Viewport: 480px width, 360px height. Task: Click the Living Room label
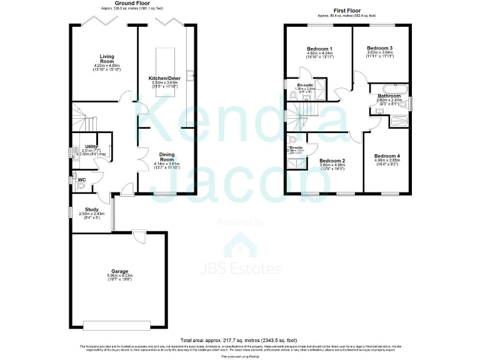click(x=97, y=59)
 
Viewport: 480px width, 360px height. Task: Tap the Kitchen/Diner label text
click(x=164, y=78)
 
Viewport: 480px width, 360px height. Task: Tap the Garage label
click(x=119, y=271)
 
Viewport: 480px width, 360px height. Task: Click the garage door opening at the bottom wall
click(x=117, y=324)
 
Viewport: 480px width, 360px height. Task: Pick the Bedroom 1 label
click(x=319, y=49)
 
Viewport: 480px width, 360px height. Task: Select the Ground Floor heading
click(x=122, y=4)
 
